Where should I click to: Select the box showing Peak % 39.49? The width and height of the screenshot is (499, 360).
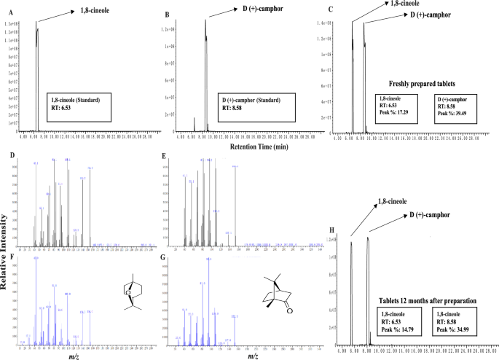tap(458, 106)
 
